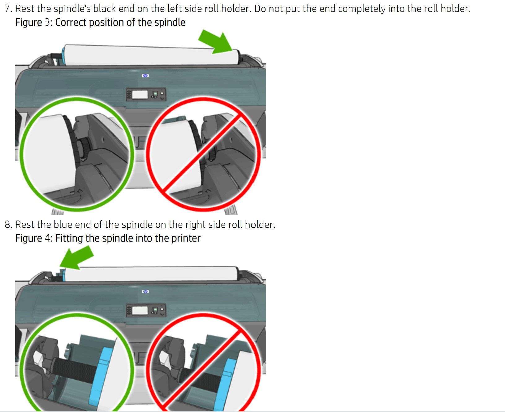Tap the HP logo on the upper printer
click(x=145, y=75)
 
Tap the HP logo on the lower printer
click(x=145, y=291)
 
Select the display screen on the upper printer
click(x=140, y=94)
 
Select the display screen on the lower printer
click(x=140, y=310)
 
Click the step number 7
click(x=8, y=9)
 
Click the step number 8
click(x=8, y=225)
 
